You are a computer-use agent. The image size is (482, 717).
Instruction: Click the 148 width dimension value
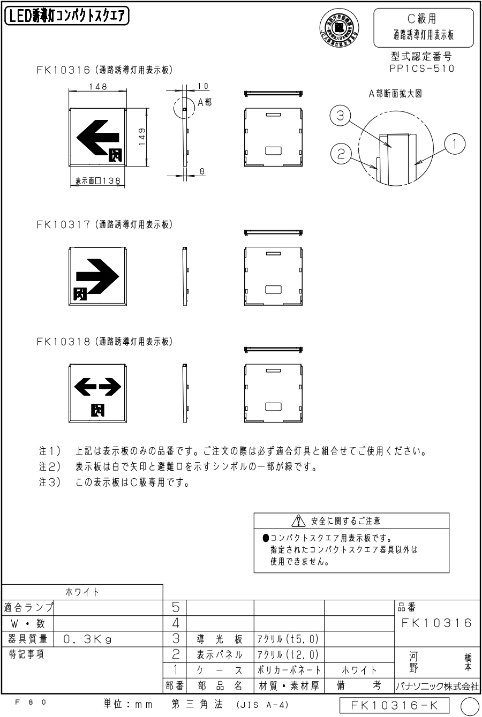(x=98, y=87)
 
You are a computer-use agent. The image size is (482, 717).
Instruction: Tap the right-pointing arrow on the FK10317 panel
(x=97, y=276)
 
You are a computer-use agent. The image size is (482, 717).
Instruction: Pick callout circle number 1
(x=454, y=142)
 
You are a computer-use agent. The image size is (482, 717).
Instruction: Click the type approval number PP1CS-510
(x=423, y=68)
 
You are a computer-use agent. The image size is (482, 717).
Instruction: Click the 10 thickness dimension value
(x=203, y=86)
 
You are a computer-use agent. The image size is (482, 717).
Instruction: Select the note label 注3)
(x=49, y=482)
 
